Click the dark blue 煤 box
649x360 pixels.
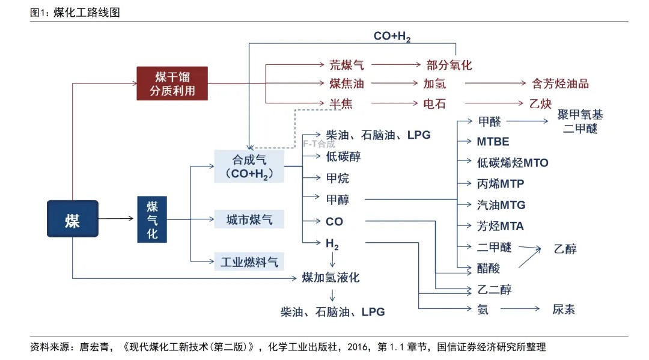(x=72, y=219)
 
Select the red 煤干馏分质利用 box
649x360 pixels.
(x=172, y=84)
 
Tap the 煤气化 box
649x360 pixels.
(x=153, y=219)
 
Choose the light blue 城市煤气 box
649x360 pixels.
(x=249, y=219)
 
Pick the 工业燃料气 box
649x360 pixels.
(x=249, y=261)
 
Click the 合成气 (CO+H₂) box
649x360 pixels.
(x=249, y=166)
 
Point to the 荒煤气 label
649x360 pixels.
(x=346, y=65)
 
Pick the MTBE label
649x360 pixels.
(x=493, y=142)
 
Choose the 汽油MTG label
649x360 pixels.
(x=501, y=205)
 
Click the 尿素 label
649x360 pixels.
(x=564, y=310)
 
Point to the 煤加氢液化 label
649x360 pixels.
(x=330, y=277)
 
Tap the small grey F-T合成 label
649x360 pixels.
(x=318, y=144)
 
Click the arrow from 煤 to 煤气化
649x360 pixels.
(x=117, y=219)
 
